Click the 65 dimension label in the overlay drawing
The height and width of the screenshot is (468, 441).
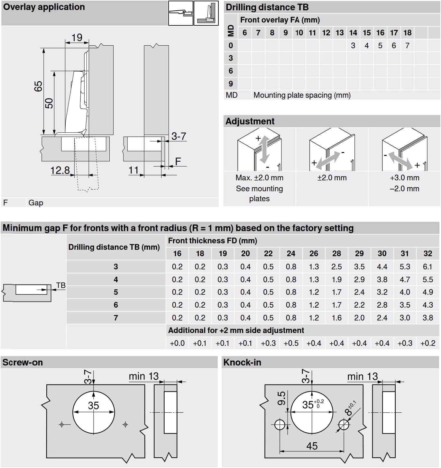[38, 86]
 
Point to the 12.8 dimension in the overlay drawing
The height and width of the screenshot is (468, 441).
[60, 170]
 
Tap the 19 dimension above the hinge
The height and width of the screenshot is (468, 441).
[77, 37]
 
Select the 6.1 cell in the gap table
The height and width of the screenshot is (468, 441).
[427, 266]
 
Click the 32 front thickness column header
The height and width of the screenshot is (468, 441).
[427, 253]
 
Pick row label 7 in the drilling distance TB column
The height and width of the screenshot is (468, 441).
[116, 318]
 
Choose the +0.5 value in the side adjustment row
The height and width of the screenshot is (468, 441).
[291, 343]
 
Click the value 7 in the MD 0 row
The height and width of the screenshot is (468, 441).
[407, 46]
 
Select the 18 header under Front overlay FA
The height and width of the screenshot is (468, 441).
[407, 32]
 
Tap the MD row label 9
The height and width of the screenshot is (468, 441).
[231, 84]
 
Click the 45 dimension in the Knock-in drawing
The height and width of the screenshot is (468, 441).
[312, 446]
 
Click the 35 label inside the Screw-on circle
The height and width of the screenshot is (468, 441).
[93, 405]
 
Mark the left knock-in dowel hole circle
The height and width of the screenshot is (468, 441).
[280, 425]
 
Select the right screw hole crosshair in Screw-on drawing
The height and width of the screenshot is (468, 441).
[125, 425]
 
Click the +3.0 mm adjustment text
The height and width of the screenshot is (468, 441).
[404, 178]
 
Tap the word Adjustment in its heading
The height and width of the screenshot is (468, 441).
[250, 121]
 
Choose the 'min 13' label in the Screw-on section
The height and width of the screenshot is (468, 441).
[143, 376]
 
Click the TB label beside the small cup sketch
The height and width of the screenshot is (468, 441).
[61, 285]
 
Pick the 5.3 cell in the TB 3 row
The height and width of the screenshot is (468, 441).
[405, 266]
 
